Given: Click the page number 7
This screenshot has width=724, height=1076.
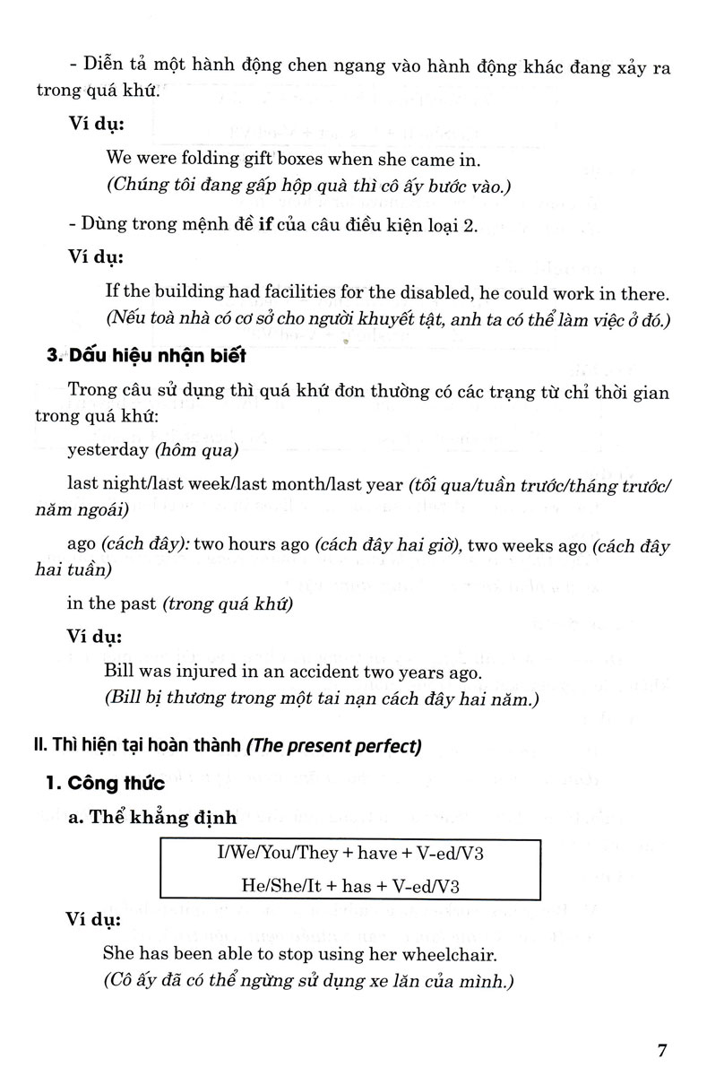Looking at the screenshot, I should pyautogui.click(x=662, y=1048).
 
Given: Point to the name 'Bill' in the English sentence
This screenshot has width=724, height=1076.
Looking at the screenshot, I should pyautogui.click(x=119, y=672).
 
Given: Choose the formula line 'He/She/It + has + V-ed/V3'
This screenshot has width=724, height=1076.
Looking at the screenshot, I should pyautogui.click(x=350, y=885).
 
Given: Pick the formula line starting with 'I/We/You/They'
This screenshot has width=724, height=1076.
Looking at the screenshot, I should pyautogui.click(x=350, y=853).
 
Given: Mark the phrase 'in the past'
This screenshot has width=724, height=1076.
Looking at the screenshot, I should pyautogui.click(x=113, y=603).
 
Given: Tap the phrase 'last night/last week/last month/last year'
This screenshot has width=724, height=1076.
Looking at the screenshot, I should pyautogui.click(x=235, y=484).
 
